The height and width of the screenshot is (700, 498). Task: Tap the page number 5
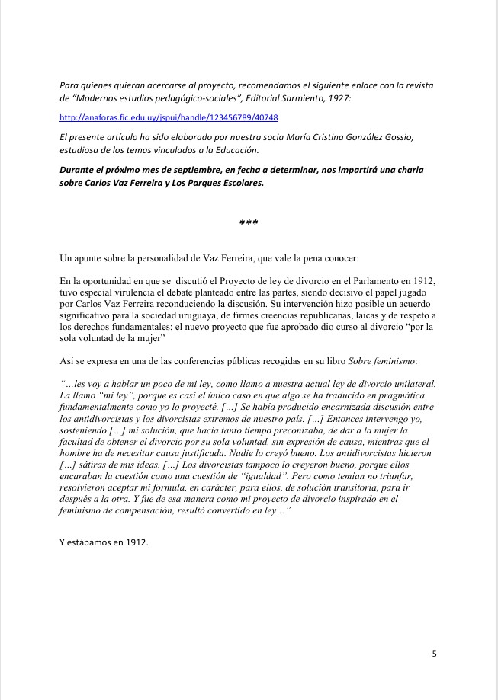pyautogui.click(x=434, y=653)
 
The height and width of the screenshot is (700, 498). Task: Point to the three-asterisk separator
pyautogui.click(x=248, y=223)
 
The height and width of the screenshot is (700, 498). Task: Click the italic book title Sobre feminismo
pyautogui.click(x=377, y=360)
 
